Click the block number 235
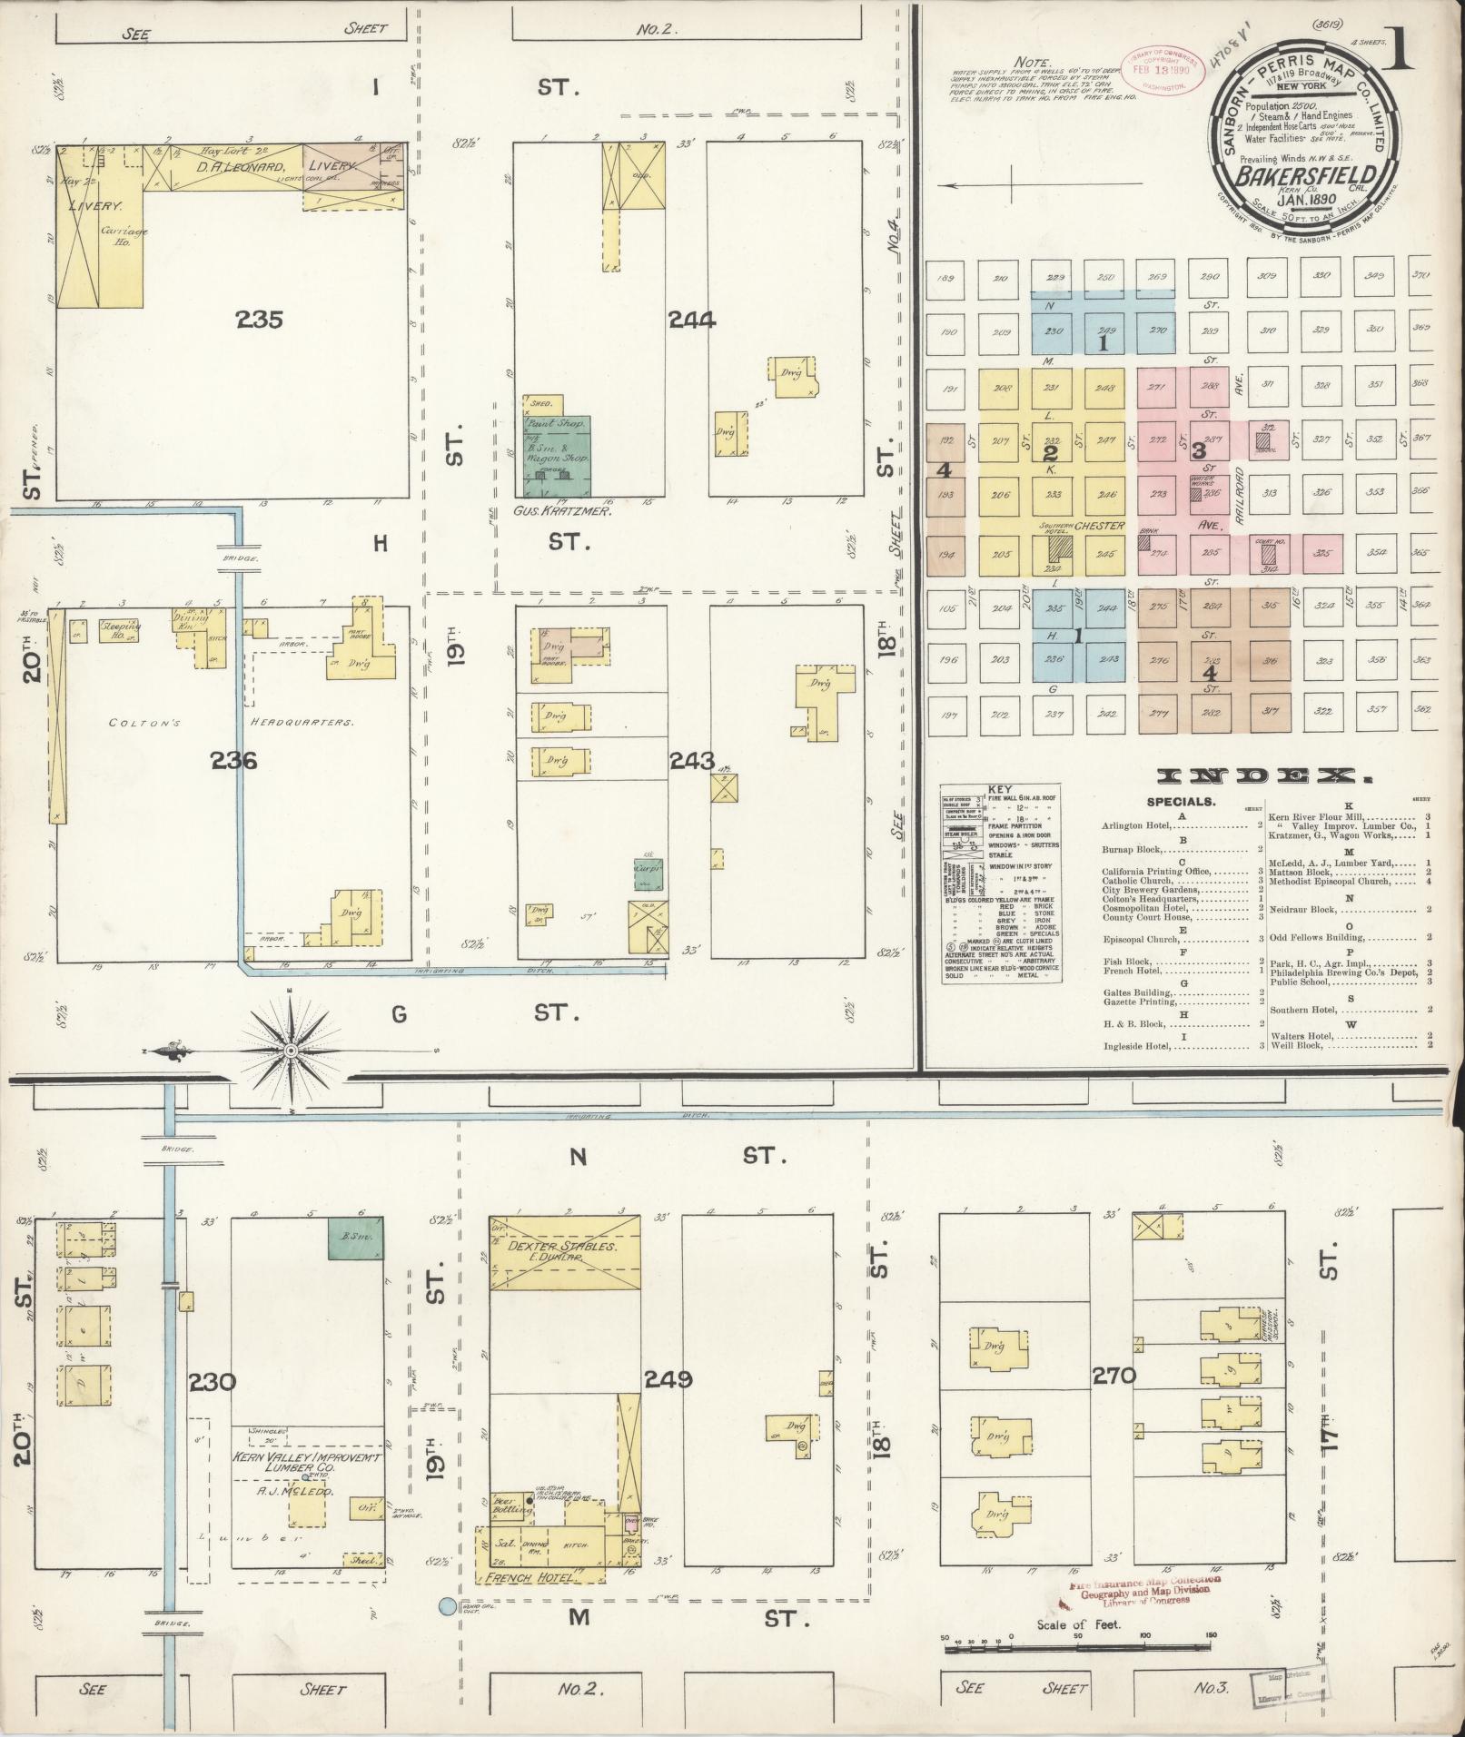(259, 320)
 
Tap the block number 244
(691, 320)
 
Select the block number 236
(233, 760)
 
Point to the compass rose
(290, 1051)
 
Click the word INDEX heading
(1264, 777)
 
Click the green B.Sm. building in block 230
(355, 1237)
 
